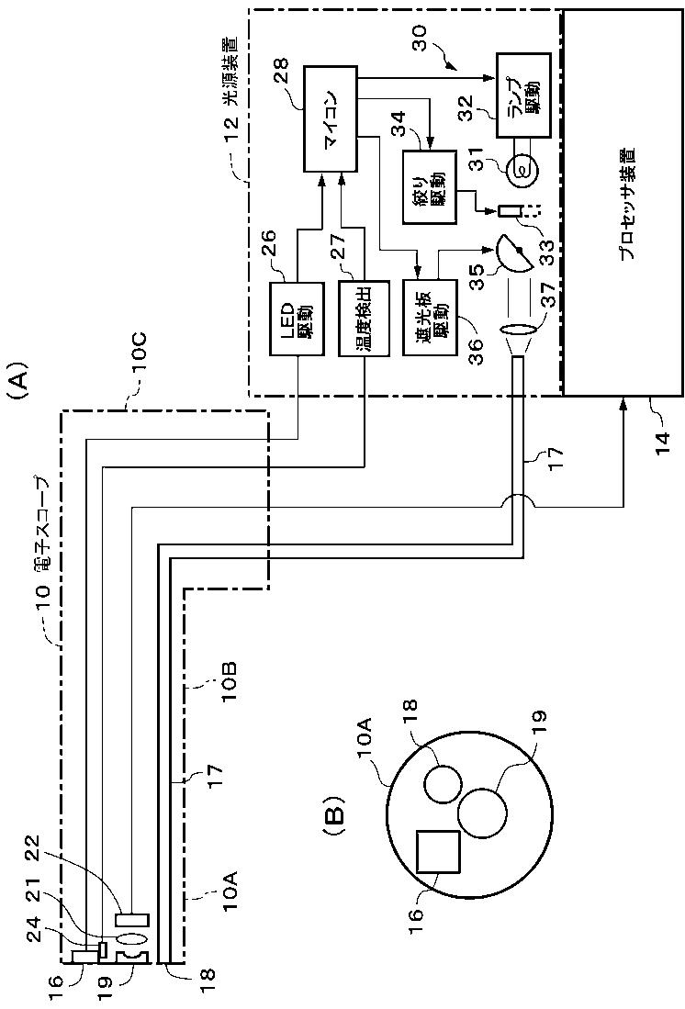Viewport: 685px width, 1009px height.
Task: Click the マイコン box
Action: click(x=330, y=118)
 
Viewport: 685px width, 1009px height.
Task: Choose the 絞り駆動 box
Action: click(x=428, y=186)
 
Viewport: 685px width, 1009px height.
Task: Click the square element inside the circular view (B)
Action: click(x=439, y=851)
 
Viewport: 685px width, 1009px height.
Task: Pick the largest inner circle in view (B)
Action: click(x=483, y=813)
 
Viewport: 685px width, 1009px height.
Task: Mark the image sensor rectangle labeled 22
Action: click(x=132, y=919)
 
